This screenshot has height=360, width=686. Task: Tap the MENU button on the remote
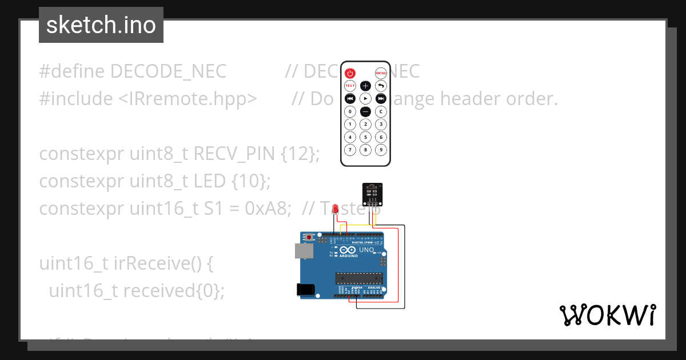coord(381,73)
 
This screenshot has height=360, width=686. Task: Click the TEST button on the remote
coord(350,86)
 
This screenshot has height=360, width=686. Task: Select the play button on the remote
coord(365,98)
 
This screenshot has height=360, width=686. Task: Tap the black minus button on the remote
coord(365,111)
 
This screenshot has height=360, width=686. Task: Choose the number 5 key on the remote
coord(365,137)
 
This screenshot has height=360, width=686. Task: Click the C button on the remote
coord(381,111)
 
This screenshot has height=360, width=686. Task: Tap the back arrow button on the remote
coord(381,86)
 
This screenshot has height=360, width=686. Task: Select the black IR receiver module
coord(372,193)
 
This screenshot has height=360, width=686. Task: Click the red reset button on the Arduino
coord(310,237)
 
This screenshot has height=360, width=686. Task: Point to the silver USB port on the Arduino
coord(303,250)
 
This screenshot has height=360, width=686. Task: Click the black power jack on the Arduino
coord(306,290)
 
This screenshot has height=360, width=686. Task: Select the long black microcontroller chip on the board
coord(358,278)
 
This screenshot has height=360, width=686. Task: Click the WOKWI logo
coord(607,315)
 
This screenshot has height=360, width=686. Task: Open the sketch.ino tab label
coord(101,25)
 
